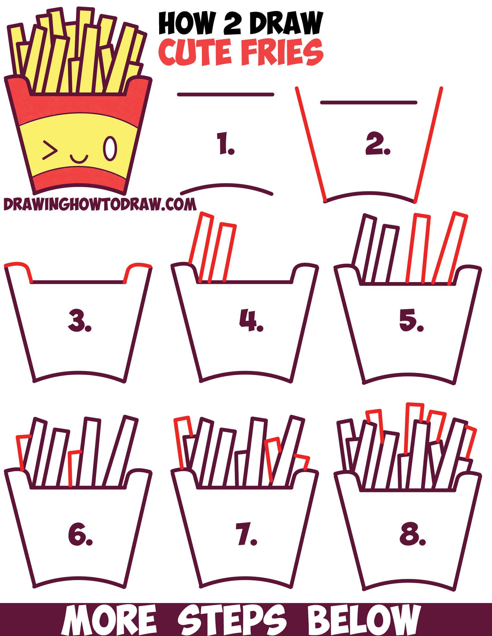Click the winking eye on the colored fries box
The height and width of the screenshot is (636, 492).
(x=49, y=150)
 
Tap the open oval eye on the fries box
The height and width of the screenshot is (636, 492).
(x=110, y=149)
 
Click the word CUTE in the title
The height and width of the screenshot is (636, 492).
(x=194, y=52)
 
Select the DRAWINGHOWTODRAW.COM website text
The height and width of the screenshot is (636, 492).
(x=100, y=205)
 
